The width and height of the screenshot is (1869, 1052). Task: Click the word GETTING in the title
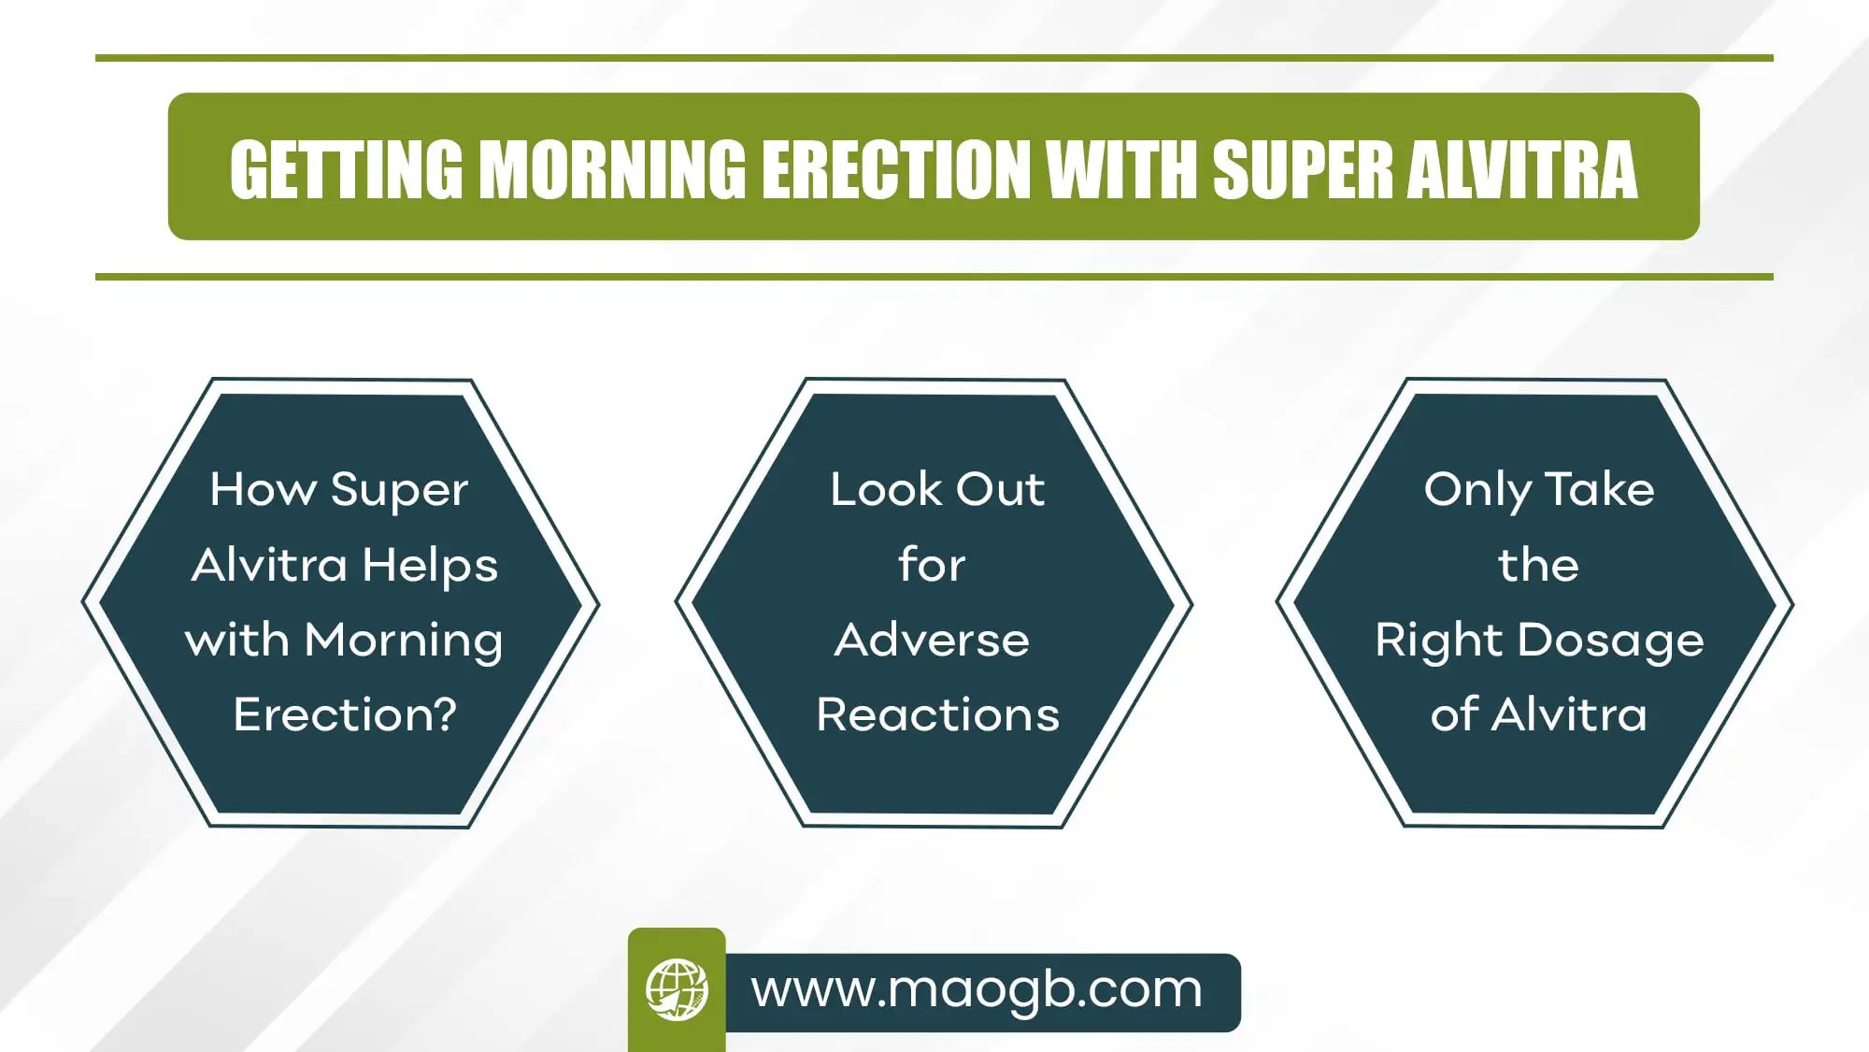[347, 169]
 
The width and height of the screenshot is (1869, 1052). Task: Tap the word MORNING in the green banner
[613, 169]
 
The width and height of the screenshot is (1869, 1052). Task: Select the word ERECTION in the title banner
[896, 169]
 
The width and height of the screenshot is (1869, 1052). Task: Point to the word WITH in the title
[1121, 169]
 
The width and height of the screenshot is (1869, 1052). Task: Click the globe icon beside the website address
[677, 989]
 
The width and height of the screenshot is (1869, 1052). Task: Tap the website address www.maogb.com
[977, 990]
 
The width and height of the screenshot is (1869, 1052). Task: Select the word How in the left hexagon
[264, 489]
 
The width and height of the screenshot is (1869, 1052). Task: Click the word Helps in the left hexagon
[430, 566]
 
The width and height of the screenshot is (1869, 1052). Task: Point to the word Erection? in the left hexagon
[345, 714]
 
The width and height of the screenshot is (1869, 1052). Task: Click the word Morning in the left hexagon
[404, 641]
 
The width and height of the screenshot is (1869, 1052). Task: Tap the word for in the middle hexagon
[932, 564]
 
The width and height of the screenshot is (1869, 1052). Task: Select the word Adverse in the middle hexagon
[932, 641]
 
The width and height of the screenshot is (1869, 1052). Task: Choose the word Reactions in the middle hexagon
[938, 715]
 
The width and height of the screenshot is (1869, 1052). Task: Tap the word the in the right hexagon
[1538, 565]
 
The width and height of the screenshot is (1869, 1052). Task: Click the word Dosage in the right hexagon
[1610, 641]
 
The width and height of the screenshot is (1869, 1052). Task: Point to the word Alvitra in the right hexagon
[1569, 715]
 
